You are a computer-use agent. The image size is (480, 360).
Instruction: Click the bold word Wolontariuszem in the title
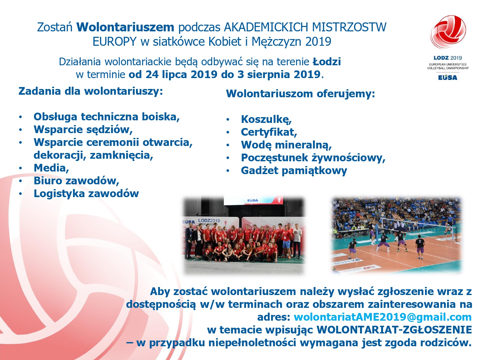click(x=125, y=27)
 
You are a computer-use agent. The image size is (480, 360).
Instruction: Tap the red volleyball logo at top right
click(x=448, y=32)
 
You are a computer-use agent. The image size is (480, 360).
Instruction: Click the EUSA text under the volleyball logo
click(x=447, y=77)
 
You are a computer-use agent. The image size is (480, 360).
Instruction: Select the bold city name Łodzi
click(x=327, y=61)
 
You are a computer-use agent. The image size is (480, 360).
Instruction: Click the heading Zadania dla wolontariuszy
click(x=91, y=91)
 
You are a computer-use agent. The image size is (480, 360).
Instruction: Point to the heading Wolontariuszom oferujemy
click(x=300, y=94)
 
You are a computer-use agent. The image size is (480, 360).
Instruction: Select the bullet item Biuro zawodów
click(x=76, y=181)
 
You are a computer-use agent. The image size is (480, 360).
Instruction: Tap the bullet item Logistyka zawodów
click(x=86, y=194)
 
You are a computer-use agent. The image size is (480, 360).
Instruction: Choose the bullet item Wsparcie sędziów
click(x=83, y=130)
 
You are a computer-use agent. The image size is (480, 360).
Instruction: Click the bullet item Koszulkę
click(x=266, y=119)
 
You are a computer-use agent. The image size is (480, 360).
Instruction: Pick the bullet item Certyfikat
click(x=269, y=132)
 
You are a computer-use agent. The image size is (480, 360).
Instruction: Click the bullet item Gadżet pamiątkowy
click(x=294, y=171)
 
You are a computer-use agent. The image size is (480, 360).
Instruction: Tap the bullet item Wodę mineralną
click(x=286, y=145)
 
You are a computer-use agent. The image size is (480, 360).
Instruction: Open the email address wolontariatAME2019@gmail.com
click(x=382, y=317)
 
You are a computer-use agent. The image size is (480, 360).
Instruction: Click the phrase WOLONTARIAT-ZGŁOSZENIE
click(x=394, y=330)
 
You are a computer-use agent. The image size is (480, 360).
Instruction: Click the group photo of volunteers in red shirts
click(x=244, y=235)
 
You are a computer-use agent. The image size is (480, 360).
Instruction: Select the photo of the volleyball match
click(x=396, y=235)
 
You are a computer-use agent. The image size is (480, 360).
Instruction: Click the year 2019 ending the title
click(x=318, y=42)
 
